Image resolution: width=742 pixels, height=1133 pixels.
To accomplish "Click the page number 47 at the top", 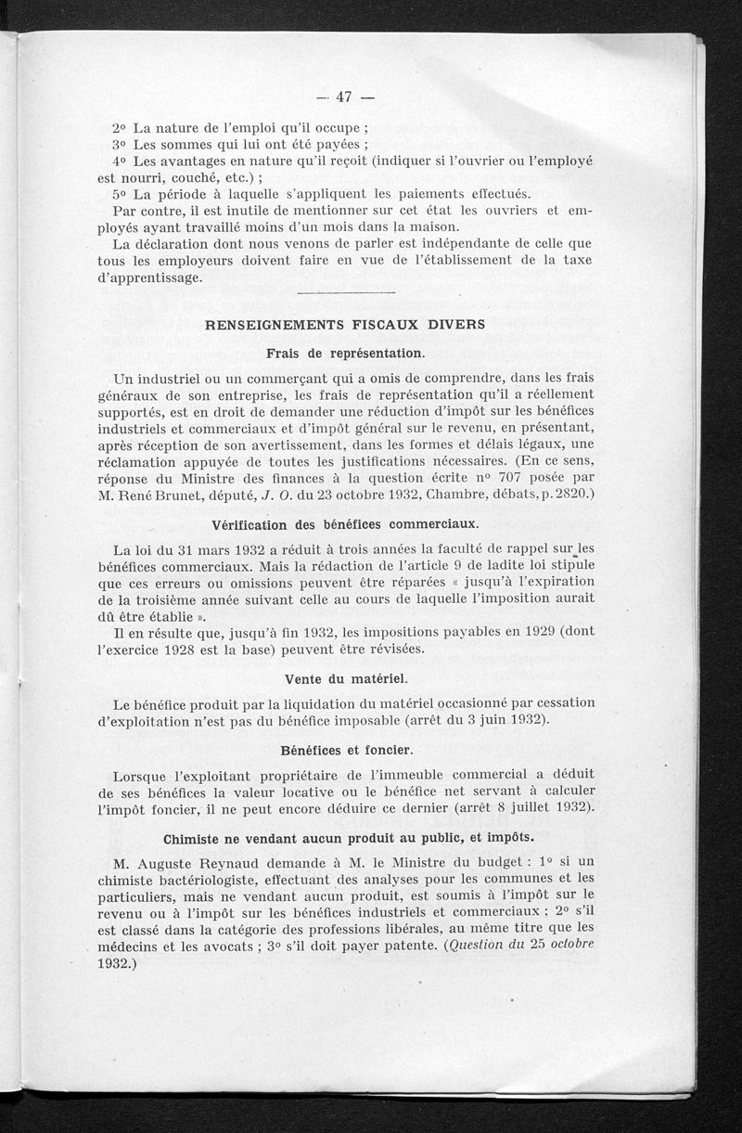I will click(344, 97).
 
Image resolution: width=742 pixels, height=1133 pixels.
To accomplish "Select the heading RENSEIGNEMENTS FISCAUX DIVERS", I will click(344, 325).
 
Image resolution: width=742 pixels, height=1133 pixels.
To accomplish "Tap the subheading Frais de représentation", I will click(345, 354).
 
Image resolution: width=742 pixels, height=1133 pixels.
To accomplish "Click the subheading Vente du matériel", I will click(344, 677).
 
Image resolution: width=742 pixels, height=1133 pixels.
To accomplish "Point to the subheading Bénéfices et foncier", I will click(345, 748).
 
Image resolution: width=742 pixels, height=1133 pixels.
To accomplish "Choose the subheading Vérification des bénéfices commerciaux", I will click(344, 524).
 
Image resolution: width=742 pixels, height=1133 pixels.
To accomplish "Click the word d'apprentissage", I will click(149, 278).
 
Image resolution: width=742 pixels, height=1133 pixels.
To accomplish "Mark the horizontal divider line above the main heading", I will click(344, 294).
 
